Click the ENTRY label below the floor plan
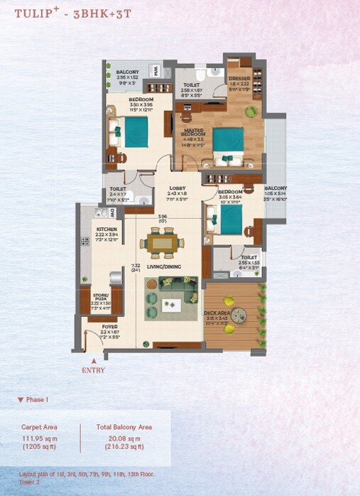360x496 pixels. point(93,370)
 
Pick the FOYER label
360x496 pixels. point(109,327)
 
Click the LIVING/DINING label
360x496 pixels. point(164,266)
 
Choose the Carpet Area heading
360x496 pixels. point(40,428)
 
